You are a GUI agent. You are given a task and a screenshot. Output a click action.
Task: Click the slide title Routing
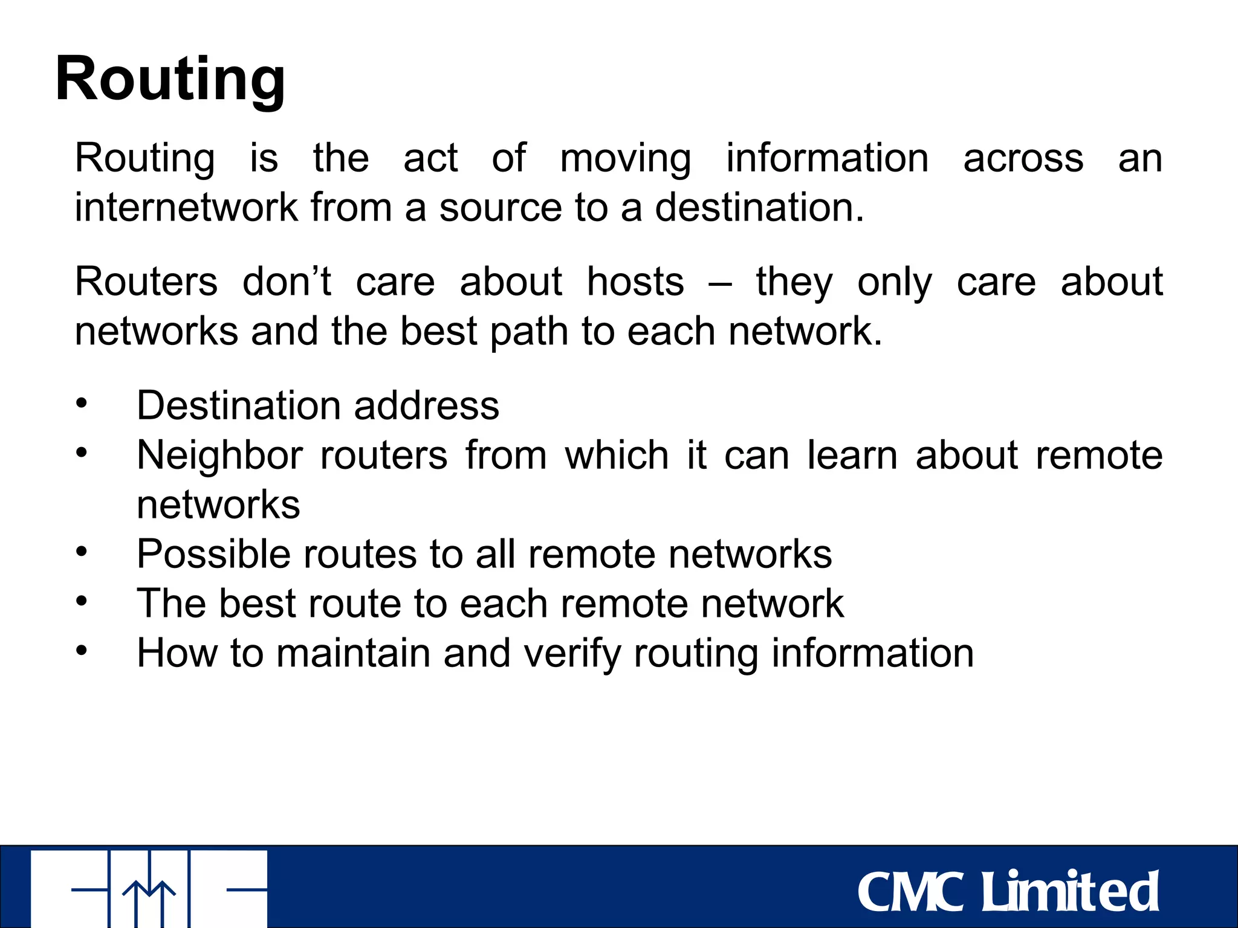(x=170, y=80)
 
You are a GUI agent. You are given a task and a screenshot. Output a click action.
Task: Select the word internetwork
(x=186, y=208)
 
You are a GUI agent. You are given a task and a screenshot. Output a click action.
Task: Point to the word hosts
(x=635, y=282)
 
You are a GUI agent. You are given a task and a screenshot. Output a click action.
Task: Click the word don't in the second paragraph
(x=287, y=282)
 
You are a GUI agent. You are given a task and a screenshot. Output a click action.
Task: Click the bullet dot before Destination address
(x=82, y=403)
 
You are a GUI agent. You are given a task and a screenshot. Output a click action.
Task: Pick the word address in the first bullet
(x=427, y=405)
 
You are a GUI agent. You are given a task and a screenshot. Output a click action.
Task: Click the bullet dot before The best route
(x=82, y=601)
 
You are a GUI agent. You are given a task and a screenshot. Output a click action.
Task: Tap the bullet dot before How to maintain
(x=82, y=651)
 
